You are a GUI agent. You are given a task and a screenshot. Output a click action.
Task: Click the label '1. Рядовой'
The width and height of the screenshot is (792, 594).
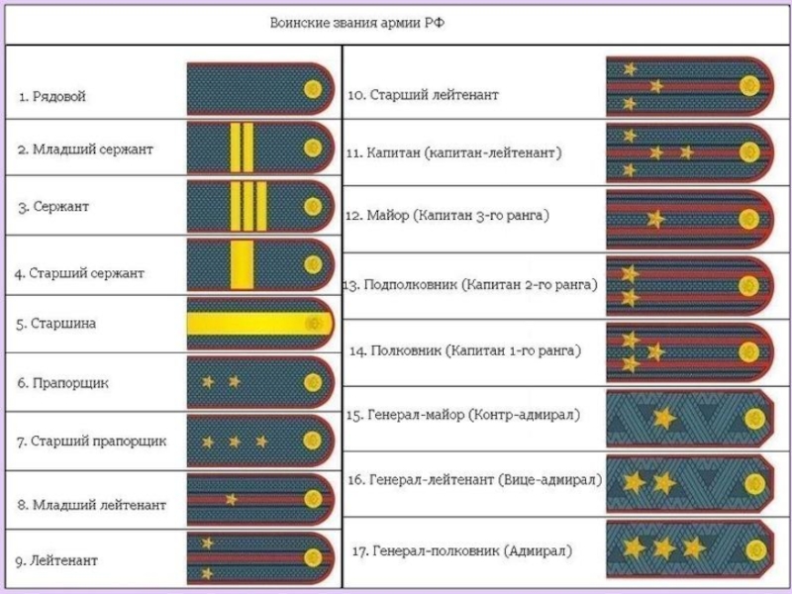tap(52, 97)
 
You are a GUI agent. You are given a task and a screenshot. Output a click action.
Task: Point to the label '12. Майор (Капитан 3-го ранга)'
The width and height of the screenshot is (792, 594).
tap(446, 214)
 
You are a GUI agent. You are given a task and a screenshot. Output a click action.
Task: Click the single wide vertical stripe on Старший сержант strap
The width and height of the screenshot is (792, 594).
tap(240, 265)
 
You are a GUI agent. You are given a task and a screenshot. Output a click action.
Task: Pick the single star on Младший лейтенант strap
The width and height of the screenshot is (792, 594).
tap(231, 498)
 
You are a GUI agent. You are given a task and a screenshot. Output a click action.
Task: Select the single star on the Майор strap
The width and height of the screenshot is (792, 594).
tap(652, 217)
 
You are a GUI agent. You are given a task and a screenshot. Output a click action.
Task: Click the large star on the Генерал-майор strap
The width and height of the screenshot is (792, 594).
tap(663, 419)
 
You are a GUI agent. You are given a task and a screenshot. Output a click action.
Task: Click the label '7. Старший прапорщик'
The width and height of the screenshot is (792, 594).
tap(91, 441)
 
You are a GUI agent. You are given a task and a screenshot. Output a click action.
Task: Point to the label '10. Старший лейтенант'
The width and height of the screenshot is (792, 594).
tap(423, 95)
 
